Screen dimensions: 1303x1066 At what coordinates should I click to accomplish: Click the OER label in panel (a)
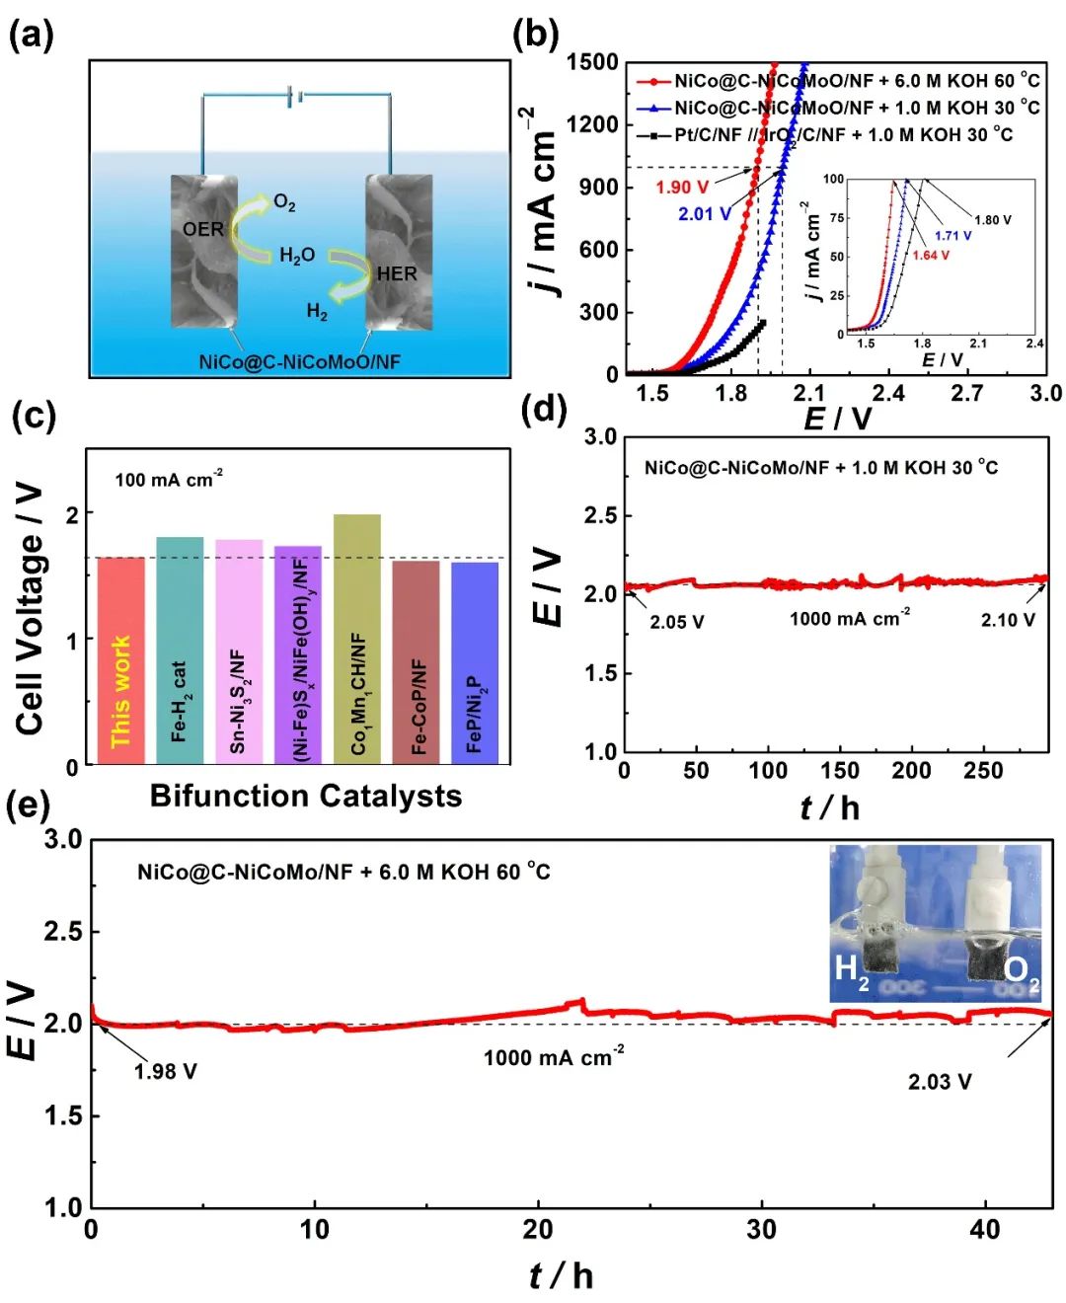[x=203, y=229]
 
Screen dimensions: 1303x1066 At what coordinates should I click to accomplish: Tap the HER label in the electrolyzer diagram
[x=396, y=273]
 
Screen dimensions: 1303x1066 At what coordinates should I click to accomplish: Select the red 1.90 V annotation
[x=682, y=188]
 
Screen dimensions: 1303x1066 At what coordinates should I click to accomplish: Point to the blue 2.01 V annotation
[x=704, y=214]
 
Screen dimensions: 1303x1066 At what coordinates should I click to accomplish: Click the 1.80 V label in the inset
[x=992, y=220]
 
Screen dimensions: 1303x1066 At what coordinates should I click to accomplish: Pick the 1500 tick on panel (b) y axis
[x=592, y=62]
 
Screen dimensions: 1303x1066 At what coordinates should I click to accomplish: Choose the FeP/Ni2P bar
[x=475, y=661]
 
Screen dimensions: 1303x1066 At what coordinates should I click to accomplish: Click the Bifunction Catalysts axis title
[x=305, y=797]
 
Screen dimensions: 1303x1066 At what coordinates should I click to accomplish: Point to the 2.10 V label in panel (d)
[x=1008, y=620]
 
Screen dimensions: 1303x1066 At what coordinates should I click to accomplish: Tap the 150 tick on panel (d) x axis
[x=840, y=771]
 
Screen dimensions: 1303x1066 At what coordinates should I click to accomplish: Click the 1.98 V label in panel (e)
[x=165, y=1072]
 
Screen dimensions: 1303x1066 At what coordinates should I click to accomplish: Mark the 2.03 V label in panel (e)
[x=940, y=1083]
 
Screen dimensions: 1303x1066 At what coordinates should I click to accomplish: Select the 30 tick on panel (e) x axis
[x=761, y=1230]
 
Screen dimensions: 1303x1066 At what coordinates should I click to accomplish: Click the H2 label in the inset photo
[x=851, y=970]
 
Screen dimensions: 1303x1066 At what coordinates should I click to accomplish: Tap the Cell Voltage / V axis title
[x=31, y=609]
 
